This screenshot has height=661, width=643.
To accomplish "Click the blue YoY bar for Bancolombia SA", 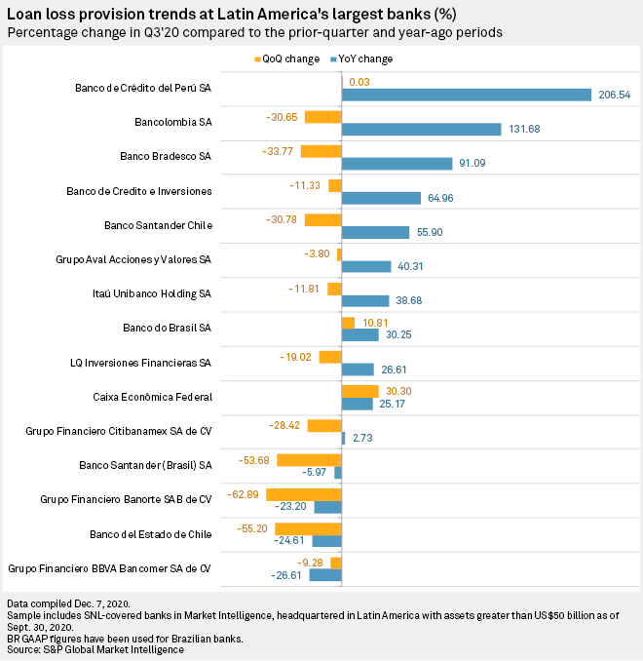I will [421, 130].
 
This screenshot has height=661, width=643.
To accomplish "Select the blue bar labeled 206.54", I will [467, 95].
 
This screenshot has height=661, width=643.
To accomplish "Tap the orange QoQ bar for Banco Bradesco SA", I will [321, 151].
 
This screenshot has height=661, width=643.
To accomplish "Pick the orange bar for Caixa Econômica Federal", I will [359, 390].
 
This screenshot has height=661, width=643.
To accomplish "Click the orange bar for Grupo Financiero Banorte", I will [303, 493].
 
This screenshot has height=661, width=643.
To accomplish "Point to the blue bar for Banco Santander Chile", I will [375, 232].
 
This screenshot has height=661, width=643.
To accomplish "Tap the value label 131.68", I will [522, 130].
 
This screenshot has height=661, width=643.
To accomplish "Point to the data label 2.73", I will [363, 439].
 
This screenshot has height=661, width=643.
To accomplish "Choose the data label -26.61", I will [288, 576].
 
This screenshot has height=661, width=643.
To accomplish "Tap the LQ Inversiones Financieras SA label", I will [142, 362].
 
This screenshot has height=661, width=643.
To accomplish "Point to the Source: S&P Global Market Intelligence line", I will [94, 648].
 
